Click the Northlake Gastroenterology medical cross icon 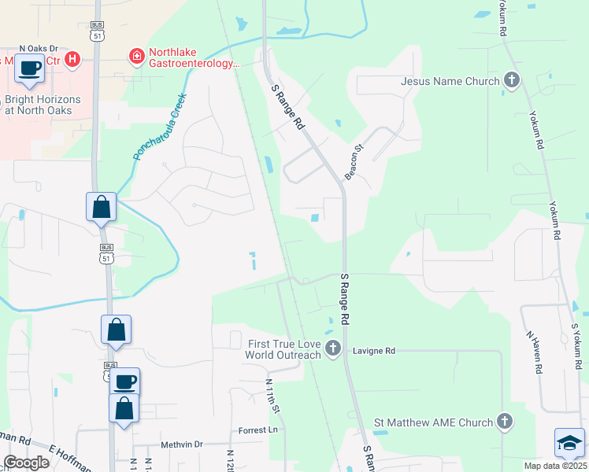pyautogui.click(x=135, y=57)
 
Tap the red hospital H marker pyautogui.click(x=72, y=58)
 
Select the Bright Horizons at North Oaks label pyautogui.click(x=43, y=105)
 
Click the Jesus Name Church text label pyautogui.click(x=450, y=81)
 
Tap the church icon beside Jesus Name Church pyautogui.click(x=512, y=80)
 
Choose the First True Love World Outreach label pyautogui.click(x=284, y=349)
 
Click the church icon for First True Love pyautogui.click(x=333, y=348)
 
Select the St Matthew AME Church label pyautogui.click(x=433, y=422)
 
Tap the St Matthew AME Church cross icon pyautogui.click(x=504, y=422)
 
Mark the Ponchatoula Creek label pyautogui.click(x=159, y=127)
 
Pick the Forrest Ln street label pyautogui.click(x=258, y=430)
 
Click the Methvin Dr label pyautogui.click(x=182, y=444)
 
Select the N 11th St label pyautogui.click(x=272, y=399)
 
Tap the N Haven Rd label pyautogui.click(x=535, y=350)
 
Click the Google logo pyautogui.click(x=27, y=462)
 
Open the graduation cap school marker pyautogui.click(x=569, y=444)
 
